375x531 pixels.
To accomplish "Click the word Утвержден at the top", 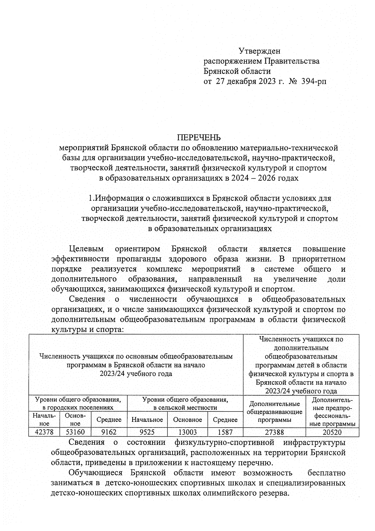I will point(260,51).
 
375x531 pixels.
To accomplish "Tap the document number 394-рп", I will point(312,82).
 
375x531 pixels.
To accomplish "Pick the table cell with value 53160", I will point(75,432).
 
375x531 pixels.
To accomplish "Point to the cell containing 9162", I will point(109,432).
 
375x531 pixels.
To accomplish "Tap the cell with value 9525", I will point(147,432).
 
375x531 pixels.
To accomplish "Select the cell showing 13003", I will point(187,432).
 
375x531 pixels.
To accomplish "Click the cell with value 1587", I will point(225,432).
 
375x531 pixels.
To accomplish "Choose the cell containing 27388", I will point(274,432).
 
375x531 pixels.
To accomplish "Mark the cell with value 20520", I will point(332,432).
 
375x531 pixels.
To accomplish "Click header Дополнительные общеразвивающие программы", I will point(274,412).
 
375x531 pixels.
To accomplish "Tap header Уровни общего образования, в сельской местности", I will point(185,403).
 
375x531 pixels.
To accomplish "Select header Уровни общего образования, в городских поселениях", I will point(78,403).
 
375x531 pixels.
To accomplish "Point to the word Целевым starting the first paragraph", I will point(86,249).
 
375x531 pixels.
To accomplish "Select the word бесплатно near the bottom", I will point(326,473).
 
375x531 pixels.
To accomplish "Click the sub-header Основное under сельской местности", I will point(187,420).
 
